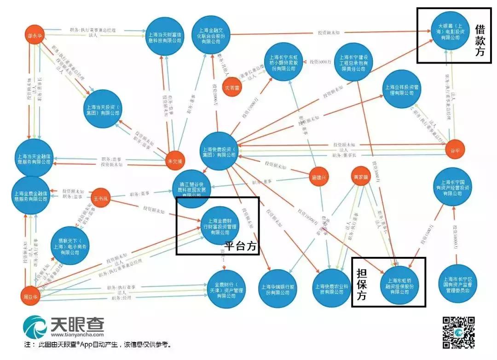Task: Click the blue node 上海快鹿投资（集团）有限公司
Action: [219, 152]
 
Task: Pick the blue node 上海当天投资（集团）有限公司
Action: [102, 109]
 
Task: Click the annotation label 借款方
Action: [480, 41]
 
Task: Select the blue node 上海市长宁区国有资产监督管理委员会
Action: [455, 285]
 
